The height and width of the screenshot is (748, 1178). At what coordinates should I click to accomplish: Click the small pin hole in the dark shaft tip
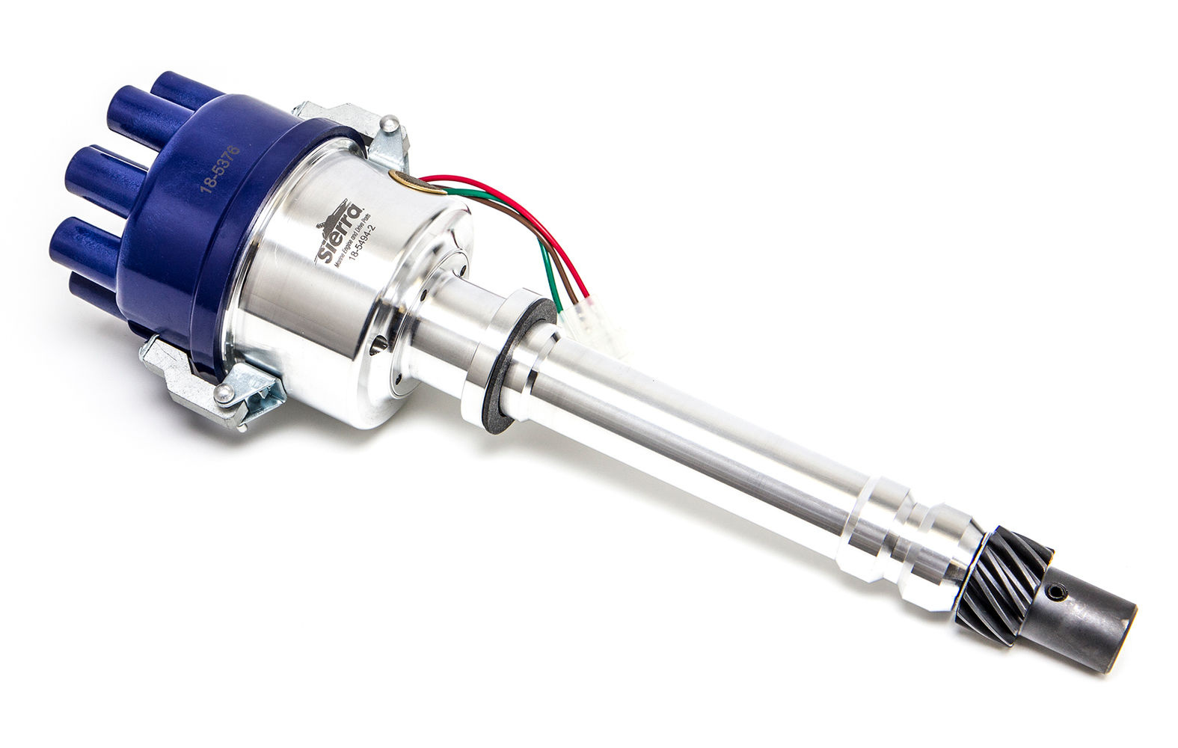tap(1055, 595)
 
